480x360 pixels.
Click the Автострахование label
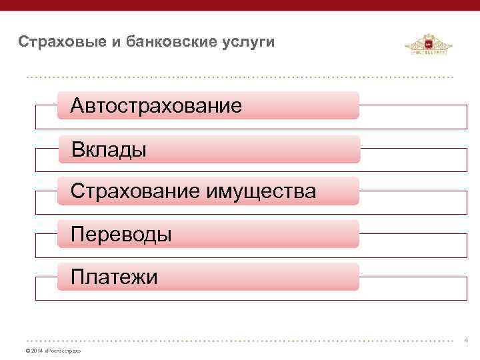click(x=156, y=105)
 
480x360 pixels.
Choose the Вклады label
click(x=109, y=149)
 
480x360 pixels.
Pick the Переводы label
click(x=121, y=234)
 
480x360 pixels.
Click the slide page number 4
click(x=466, y=340)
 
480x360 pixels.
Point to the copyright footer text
click(x=53, y=351)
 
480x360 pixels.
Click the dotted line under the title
click(x=240, y=77)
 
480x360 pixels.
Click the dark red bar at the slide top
click(x=240, y=6)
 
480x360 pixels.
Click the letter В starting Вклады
click(x=78, y=149)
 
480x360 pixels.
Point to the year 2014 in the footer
click(x=36, y=351)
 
